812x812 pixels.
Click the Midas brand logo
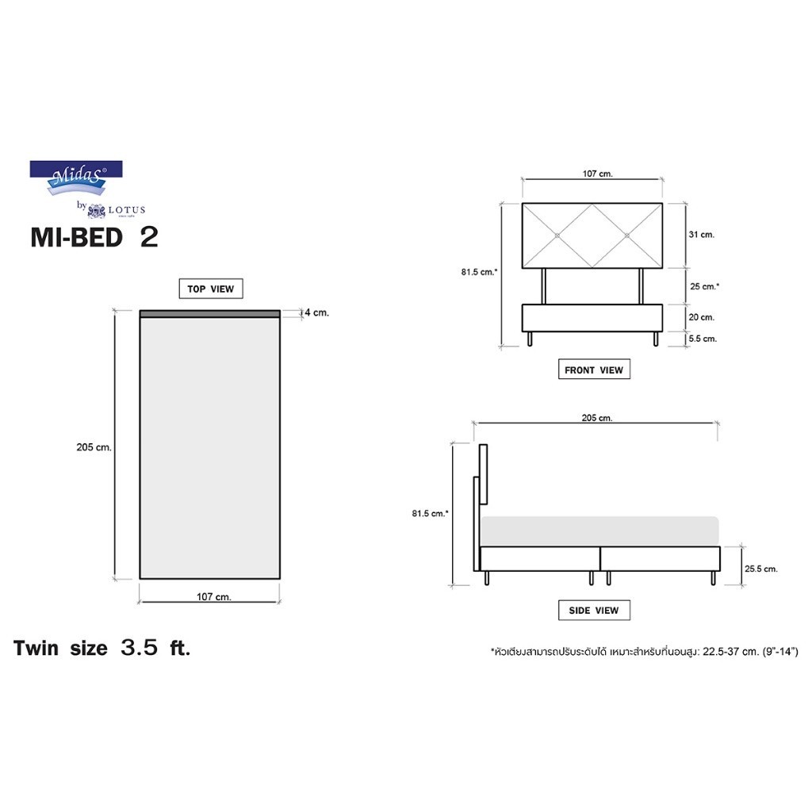tap(76, 178)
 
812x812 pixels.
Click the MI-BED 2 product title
tap(94, 237)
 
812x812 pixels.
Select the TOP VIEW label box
tap(211, 289)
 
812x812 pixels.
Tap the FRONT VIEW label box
tap(594, 370)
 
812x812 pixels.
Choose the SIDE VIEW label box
tap(594, 610)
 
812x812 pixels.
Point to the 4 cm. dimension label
tap(317, 312)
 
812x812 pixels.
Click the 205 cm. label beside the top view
tap(94, 447)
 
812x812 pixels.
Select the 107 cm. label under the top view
tap(214, 596)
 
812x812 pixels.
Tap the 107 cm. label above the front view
tap(598, 174)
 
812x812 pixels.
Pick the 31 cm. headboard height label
tap(702, 235)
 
